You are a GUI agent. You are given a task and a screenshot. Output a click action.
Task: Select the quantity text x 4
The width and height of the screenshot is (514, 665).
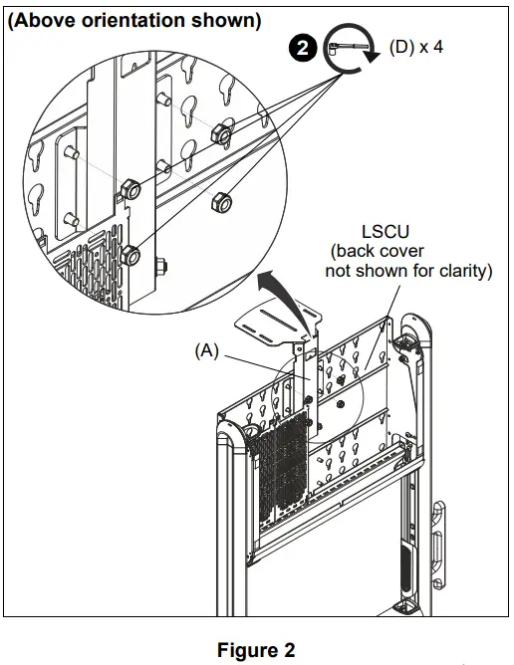coord(432,47)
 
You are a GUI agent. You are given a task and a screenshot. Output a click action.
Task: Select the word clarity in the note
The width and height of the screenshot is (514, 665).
coord(463,269)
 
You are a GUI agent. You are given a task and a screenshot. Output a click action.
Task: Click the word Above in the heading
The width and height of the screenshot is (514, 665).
coord(46,20)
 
